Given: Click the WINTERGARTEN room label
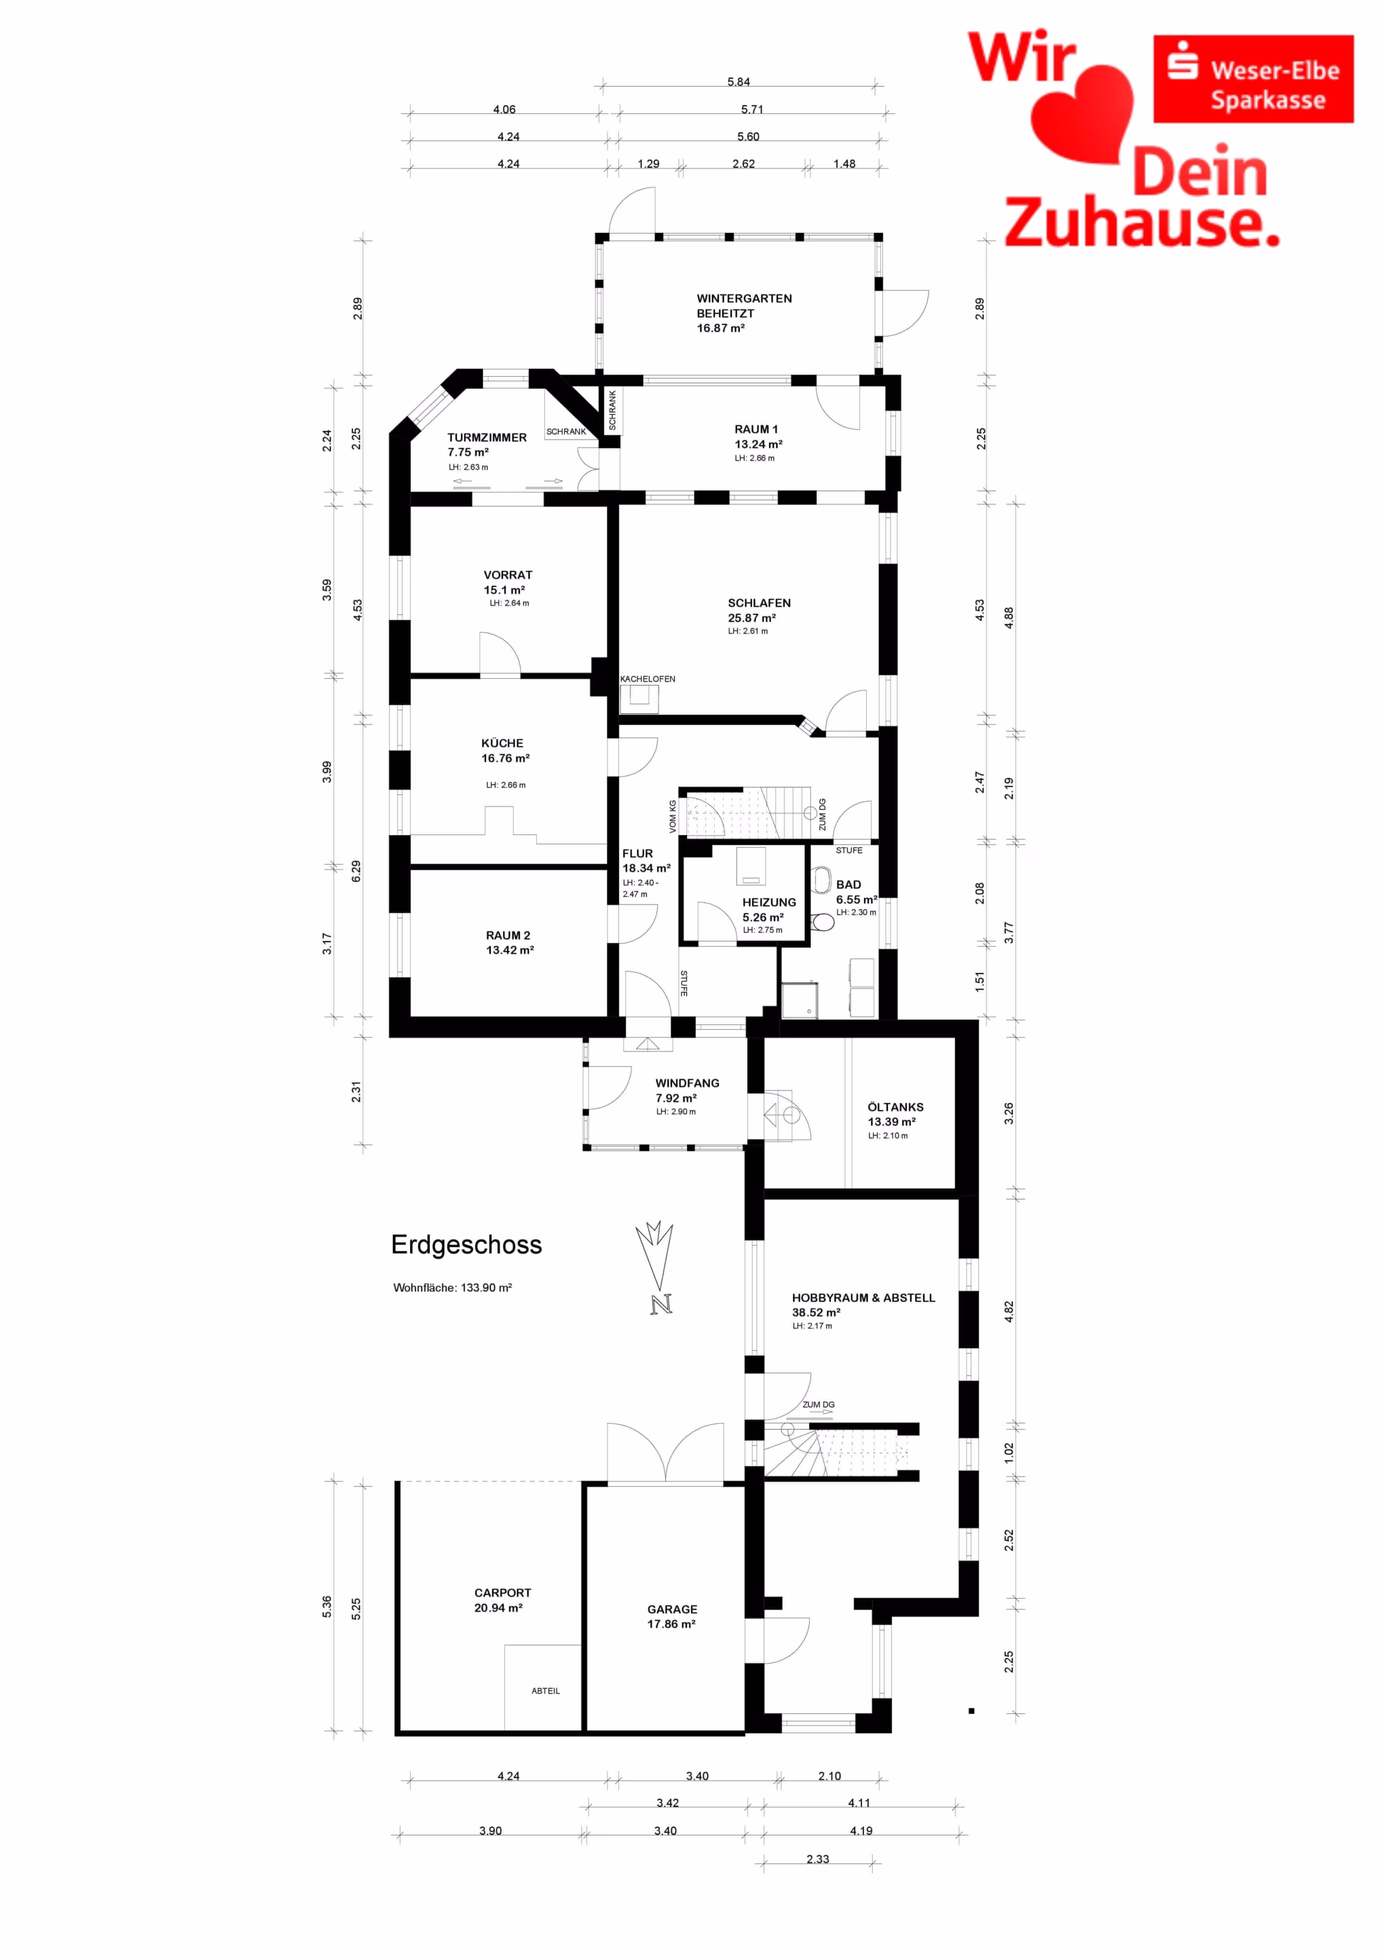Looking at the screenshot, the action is click(x=744, y=299).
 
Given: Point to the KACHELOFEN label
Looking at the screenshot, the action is click(x=647, y=679).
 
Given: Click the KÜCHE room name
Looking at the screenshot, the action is click(x=502, y=743).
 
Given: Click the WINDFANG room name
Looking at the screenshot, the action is click(x=687, y=1083).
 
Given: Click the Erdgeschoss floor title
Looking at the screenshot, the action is click(x=466, y=1245).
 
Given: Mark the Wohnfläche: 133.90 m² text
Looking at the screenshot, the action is click(x=452, y=1288).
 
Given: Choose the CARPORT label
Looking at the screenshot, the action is click(x=502, y=1593).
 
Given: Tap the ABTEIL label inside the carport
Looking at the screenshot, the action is click(x=546, y=1691).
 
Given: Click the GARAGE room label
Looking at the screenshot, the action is click(x=672, y=1609).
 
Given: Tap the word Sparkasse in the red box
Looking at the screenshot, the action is click(x=1268, y=100).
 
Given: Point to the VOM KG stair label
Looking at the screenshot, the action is click(x=673, y=816).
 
